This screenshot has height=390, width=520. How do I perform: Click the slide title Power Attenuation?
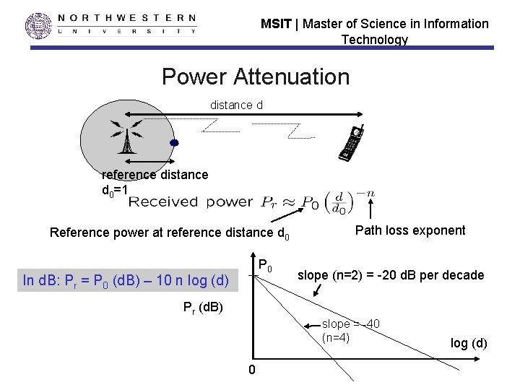[255, 76]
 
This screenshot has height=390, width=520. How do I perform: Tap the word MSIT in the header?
[276, 24]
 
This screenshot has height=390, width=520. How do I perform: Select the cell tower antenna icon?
[126, 135]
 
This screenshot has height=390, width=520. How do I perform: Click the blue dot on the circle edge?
[173, 143]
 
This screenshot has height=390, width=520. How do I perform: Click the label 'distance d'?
[236, 105]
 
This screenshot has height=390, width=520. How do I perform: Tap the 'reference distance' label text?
[155, 174]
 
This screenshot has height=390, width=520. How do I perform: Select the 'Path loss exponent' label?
[410, 230]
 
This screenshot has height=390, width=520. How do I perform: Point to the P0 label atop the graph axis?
[265, 265]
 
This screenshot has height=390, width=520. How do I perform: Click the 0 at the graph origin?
[251, 370]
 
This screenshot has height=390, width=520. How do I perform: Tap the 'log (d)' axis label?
[469, 343]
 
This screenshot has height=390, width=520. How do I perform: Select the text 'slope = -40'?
[351, 324]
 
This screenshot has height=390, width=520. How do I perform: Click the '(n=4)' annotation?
[336, 337]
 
